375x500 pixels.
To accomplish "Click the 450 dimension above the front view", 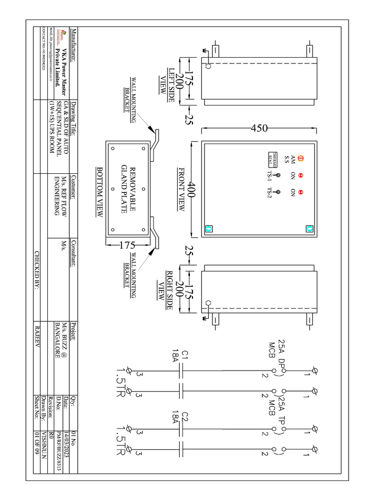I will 259,128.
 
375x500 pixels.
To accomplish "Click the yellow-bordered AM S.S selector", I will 301,159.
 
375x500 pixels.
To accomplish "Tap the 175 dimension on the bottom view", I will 127,246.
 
